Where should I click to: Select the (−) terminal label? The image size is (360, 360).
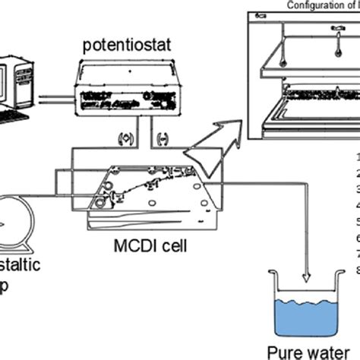160,138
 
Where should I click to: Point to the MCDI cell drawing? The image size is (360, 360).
144,194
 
